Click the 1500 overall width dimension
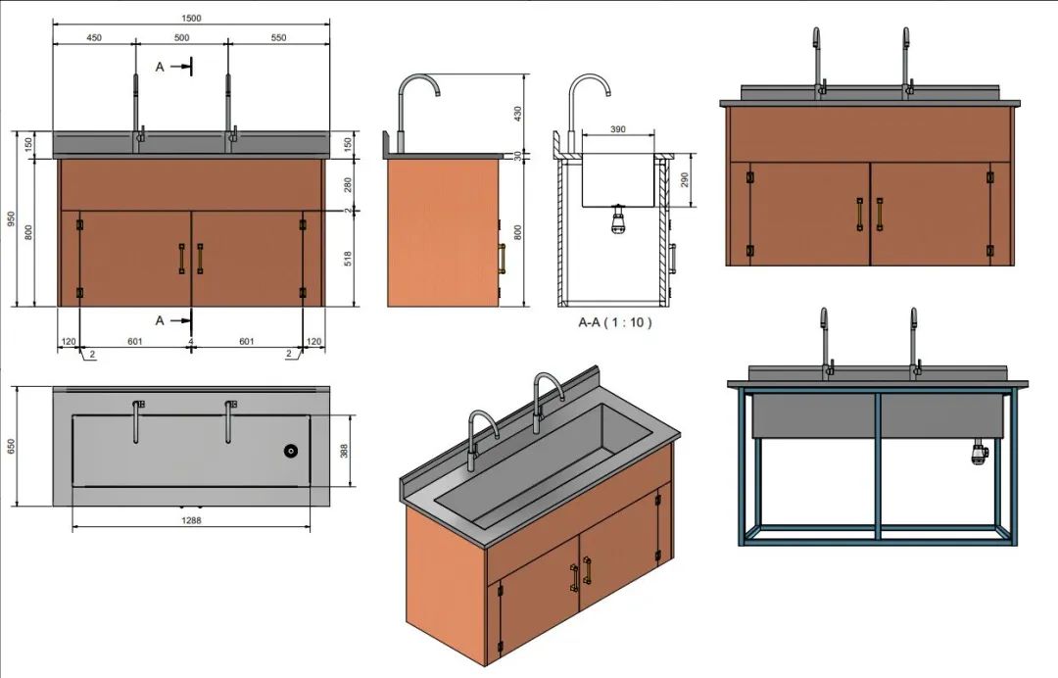pyautogui.click(x=191, y=19)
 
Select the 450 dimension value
pyautogui.click(x=94, y=38)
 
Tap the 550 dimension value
pyautogui.click(x=278, y=38)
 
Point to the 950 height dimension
pyautogui.click(x=11, y=218)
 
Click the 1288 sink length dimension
pyautogui.click(x=191, y=520)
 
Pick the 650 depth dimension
pyautogui.click(x=11, y=446)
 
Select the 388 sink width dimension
pyautogui.click(x=344, y=451)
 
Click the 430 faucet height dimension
pyautogui.click(x=518, y=112)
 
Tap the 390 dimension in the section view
pyautogui.click(x=617, y=129)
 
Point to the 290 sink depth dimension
pyautogui.click(x=686, y=179)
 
